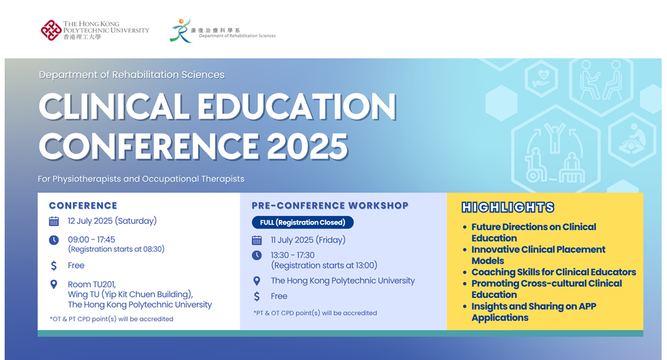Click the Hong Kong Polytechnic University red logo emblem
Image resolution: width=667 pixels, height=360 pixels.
tap(51, 30)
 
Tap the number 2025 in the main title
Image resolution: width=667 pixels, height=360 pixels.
tap(308, 145)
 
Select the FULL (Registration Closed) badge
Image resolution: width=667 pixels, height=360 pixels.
tap(302, 222)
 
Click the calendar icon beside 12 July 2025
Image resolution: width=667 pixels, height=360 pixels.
tap(54, 221)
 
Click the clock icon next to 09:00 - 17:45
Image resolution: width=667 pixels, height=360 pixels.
tap(54, 240)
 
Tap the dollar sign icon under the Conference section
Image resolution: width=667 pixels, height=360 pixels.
tap(54, 265)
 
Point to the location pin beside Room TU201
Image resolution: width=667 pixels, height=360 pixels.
tap(54, 285)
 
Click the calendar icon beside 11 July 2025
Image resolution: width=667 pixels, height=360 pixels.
tap(257, 240)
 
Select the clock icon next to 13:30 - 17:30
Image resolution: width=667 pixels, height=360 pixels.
tap(257, 255)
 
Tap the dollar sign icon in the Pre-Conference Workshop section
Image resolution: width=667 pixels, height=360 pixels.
tap(257, 296)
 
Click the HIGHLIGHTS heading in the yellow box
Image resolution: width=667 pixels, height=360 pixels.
tap(508, 207)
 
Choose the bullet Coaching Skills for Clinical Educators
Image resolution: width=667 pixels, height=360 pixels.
tap(553, 272)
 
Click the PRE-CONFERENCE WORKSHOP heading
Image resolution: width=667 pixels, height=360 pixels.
tap(329, 205)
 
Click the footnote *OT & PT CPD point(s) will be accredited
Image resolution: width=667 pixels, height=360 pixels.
tap(111, 319)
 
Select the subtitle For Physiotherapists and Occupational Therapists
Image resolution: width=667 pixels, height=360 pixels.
tap(141, 179)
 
